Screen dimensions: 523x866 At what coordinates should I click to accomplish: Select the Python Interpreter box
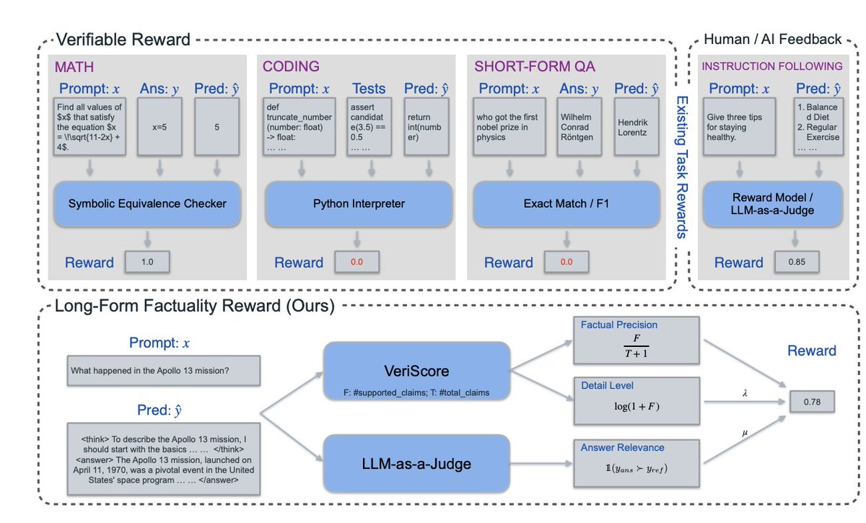359,203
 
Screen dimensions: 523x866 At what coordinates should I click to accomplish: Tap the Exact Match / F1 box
567,203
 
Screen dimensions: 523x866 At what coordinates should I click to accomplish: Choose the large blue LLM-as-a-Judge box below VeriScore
417,463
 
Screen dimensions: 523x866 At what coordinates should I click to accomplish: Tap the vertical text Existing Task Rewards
681,166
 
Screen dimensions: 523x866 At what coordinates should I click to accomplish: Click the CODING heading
291,66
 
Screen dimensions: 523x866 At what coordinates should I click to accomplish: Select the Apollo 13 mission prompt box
162,371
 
